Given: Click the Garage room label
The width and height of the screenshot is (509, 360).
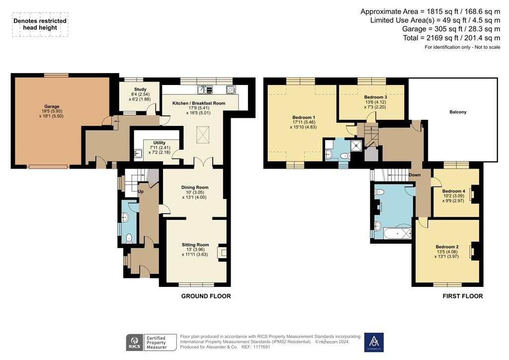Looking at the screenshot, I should click(x=52, y=106).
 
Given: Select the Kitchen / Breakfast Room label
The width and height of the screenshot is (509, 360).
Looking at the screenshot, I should click(x=199, y=103).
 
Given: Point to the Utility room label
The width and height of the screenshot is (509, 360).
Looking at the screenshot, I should click(x=159, y=143).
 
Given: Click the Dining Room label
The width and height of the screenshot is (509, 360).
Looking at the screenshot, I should click(x=195, y=187).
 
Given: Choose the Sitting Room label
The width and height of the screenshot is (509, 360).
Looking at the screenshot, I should click(x=195, y=245).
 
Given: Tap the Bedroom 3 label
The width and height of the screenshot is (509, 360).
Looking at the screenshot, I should click(x=375, y=97).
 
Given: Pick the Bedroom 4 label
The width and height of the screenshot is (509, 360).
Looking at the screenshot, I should click(x=453, y=191).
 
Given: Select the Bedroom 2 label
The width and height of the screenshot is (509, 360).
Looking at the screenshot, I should click(x=447, y=247).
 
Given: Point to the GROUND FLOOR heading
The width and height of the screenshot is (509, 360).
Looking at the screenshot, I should click(x=206, y=296).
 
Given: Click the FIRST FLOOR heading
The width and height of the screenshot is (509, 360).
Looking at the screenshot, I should click(x=462, y=296).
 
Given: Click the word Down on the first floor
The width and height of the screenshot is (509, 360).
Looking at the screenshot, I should click(x=415, y=175).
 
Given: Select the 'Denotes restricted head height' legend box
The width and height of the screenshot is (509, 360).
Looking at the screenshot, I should click(x=40, y=24).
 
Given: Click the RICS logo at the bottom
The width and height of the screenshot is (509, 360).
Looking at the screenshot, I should click(x=134, y=342).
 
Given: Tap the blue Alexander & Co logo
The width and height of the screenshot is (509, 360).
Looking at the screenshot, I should click(x=374, y=342).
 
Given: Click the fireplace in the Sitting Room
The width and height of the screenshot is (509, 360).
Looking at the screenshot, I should click(x=224, y=252).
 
